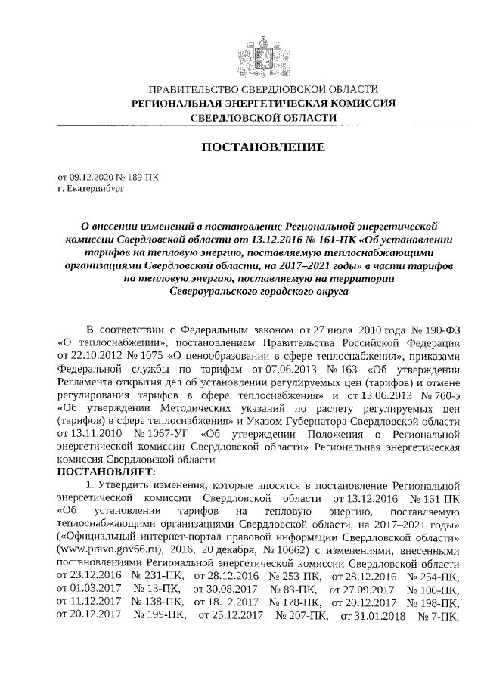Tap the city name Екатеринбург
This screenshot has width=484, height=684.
(93, 188)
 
